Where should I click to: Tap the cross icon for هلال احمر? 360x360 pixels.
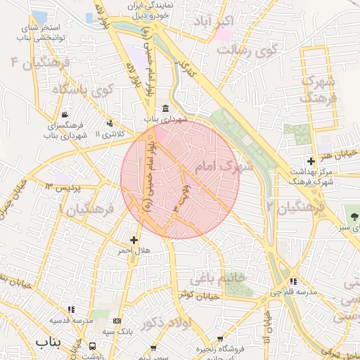pos(134,240)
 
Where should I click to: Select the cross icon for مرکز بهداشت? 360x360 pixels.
pos(311,162)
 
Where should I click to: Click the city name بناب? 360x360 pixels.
pos(49,342)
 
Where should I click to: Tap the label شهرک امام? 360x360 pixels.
pos(225,167)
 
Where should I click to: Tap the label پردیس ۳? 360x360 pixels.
pos(63,188)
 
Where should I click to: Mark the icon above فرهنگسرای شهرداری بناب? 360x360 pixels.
pos(65,115)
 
